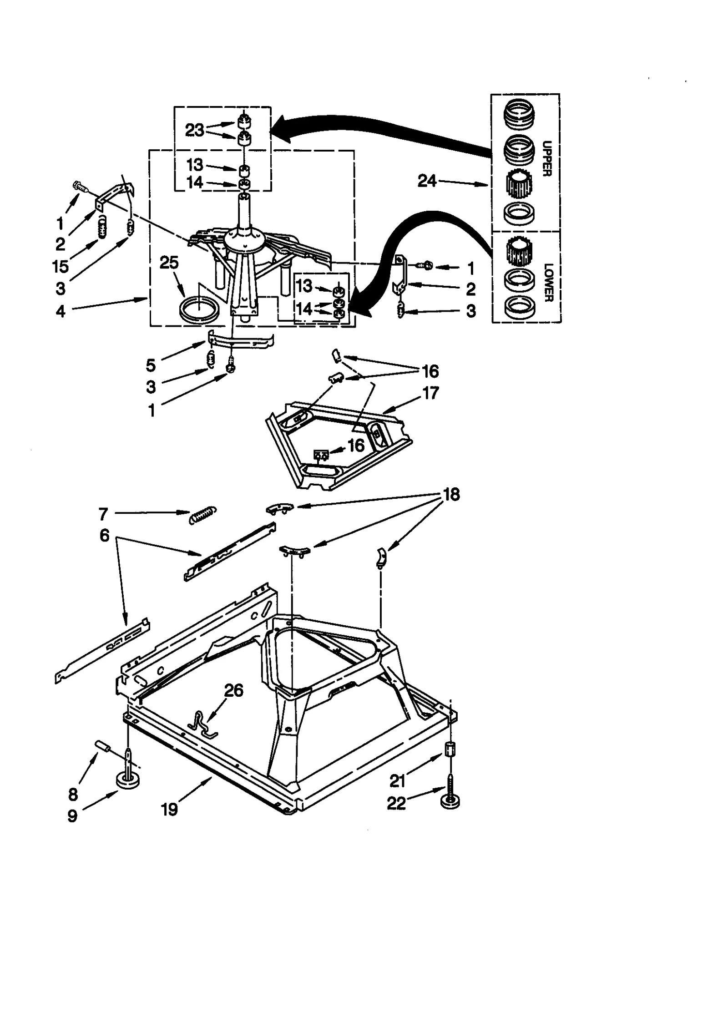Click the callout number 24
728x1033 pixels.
click(x=427, y=181)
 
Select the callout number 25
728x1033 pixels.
click(x=169, y=263)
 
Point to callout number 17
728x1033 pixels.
click(x=430, y=392)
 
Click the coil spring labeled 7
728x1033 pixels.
click(x=203, y=515)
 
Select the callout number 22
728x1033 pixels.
click(x=396, y=803)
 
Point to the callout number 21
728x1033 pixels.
click(x=397, y=781)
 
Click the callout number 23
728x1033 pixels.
click(x=194, y=130)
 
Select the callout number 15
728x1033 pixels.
click(x=60, y=267)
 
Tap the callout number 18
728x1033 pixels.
click(x=451, y=494)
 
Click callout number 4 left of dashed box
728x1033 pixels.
click(x=61, y=311)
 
